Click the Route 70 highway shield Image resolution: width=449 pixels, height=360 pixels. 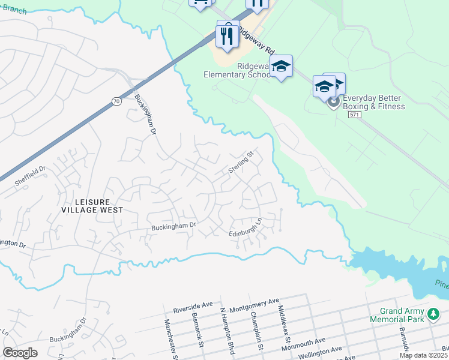pyautogui.click(x=116, y=103)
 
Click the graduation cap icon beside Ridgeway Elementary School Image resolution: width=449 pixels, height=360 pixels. pyautogui.click(x=280, y=67)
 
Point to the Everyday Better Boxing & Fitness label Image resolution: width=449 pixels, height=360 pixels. pyautogui.click(x=373, y=103)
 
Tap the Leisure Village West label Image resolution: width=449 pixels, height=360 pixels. pyautogui.click(x=92, y=206)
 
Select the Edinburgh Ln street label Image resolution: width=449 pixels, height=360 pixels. pyautogui.click(x=246, y=229)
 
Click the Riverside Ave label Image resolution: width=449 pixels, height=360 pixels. pyautogui.click(x=193, y=307)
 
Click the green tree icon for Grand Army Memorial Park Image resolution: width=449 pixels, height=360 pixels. pyautogui.click(x=432, y=314)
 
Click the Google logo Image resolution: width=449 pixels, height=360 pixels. pyautogui.click(x=20, y=353)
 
